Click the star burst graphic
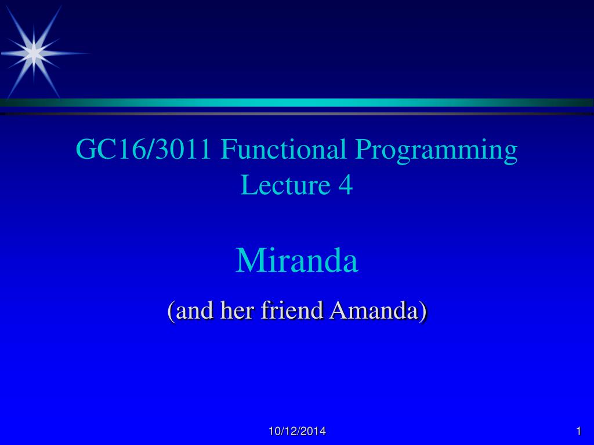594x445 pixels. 34,53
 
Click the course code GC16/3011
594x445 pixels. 143,149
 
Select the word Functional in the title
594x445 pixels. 283,149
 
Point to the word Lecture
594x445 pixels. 285,185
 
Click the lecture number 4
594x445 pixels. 346,185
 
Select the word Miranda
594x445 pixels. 297,260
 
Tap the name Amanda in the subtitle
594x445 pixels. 374,311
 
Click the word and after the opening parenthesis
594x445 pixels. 194,311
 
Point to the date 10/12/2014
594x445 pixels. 297,431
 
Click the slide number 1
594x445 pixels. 578,431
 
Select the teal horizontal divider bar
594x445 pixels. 297,103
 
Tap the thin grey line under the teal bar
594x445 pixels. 297,114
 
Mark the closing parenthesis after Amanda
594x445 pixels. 423,311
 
